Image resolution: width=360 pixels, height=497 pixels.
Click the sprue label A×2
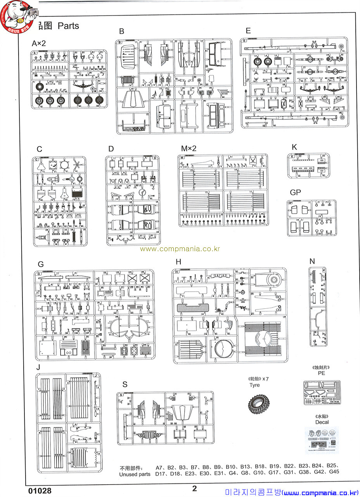pos(39,43)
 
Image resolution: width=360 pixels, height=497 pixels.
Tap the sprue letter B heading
pos(121,31)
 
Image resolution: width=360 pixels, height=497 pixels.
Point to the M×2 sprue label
pos(189,148)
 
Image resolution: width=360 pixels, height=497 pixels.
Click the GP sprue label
pos(295,193)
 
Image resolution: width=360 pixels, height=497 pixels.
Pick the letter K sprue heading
pos(294,147)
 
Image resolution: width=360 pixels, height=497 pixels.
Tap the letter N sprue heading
pos(312,261)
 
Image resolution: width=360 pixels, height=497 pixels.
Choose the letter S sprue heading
pos(125,384)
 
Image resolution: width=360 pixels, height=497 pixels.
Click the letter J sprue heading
pos(38,367)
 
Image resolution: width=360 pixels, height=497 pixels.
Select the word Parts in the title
pos(68,26)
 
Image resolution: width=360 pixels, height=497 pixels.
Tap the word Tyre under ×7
pos(254,385)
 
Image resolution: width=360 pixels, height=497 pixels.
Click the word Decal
pos(322,422)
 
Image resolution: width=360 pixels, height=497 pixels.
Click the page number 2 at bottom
pos(195,488)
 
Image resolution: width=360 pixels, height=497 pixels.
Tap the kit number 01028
pos(40,490)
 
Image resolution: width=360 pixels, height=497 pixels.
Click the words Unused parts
pos(135,474)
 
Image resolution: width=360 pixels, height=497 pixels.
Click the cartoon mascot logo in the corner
pos(17,16)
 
